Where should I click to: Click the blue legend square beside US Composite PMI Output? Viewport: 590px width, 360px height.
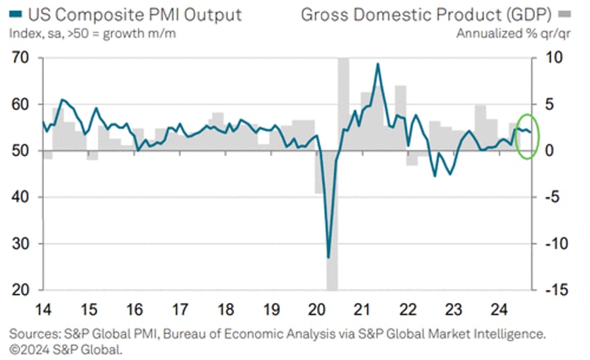tap(15, 15)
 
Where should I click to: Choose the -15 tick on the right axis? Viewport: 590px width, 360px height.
tap(549, 290)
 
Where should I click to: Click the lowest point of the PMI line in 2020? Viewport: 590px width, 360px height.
tap(328, 258)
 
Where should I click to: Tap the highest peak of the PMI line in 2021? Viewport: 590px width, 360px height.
tap(378, 64)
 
